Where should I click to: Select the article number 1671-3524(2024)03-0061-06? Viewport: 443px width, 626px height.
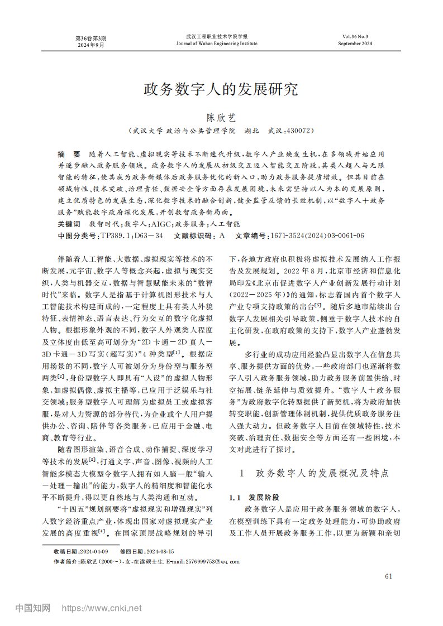pyautogui.click(x=317, y=236)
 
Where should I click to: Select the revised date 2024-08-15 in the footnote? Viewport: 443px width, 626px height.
pyautogui.click(x=163, y=551)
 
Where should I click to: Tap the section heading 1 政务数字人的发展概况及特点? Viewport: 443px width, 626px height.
pyautogui.click(x=315, y=473)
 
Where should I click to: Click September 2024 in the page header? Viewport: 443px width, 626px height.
pyautogui.click(x=356, y=43)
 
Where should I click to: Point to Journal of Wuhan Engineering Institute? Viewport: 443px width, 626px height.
pyautogui.click(x=217, y=43)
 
